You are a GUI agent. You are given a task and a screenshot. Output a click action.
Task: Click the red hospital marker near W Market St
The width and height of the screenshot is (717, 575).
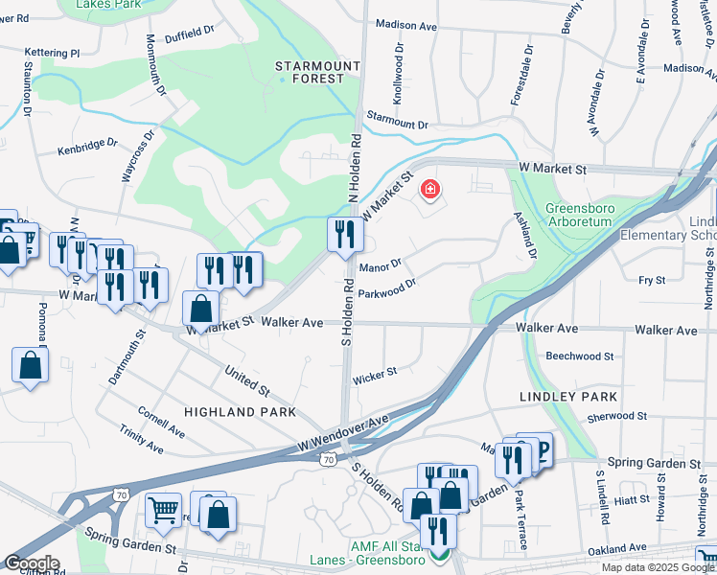pyautogui.click(x=429, y=190)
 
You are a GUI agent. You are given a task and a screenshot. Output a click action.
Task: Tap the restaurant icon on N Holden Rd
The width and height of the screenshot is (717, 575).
pyautogui.click(x=344, y=234)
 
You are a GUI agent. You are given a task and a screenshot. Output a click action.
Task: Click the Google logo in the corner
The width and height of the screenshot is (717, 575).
pyautogui.click(x=31, y=563)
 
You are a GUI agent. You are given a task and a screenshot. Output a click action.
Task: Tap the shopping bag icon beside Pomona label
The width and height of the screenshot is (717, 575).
pyautogui.click(x=31, y=365)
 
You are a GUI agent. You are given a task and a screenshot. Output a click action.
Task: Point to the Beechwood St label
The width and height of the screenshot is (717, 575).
pyautogui.click(x=579, y=356)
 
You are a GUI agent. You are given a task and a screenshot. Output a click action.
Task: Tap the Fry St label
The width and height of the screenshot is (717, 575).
pyautogui.click(x=653, y=280)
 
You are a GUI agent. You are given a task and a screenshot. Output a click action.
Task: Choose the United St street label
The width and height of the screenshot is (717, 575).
pyautogui.click(x=246, y=379)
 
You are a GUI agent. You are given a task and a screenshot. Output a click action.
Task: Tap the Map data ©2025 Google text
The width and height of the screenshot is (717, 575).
pyautogui.click(x=657, y=567)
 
